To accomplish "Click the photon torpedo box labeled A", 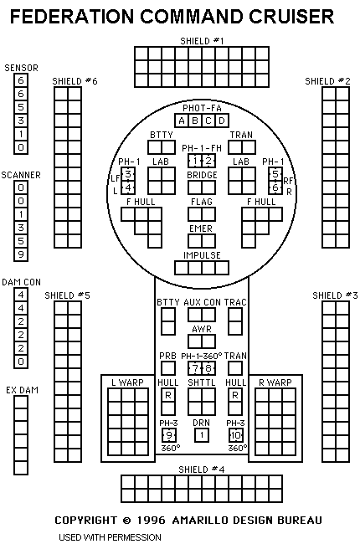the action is (x=182, y=121).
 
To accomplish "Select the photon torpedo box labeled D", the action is (x=222, y=121).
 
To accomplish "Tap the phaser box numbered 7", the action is (x=195, y=368).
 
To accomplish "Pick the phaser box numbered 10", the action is (x=235, y=435).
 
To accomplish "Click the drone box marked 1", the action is (x=202, y=435).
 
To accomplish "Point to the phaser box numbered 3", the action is (x=128, y=174).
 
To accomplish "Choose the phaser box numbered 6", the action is (x=275, y=187).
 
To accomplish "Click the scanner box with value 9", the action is (x=21, y=254).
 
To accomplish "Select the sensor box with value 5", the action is (x=21, y=107).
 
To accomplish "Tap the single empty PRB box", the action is (x=168, y=368).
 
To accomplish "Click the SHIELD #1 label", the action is (x=202, y=41).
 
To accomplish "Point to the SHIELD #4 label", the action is (x=202, y=470).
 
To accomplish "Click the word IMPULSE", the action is (x=202, y=255).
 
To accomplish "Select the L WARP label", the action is (x=127, y=382).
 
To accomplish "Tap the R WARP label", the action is (x=275, y=382).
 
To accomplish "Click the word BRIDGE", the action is (x=202, y=175).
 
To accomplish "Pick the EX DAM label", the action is (x=22, y=390).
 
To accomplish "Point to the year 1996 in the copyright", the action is (x=152, y=520).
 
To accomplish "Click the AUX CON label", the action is (x=202, y=302).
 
